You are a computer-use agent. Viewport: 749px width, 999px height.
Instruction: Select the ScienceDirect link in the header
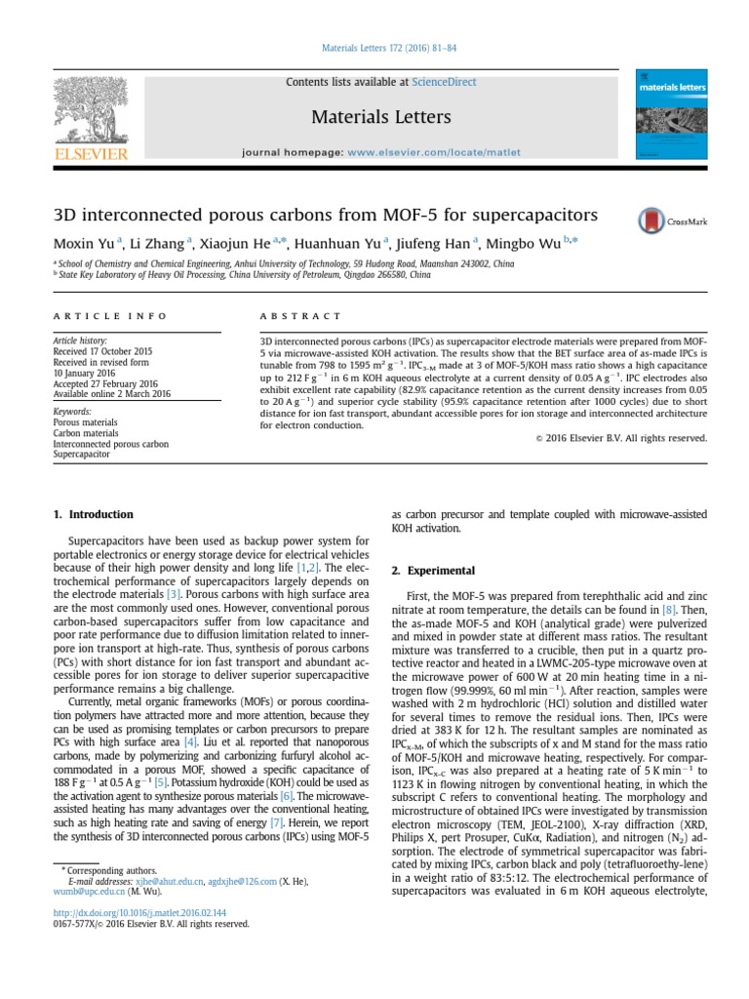[445, 82]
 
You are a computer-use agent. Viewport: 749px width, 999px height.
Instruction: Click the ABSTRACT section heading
[300, 316]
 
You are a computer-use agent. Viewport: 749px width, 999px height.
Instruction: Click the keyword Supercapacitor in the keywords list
[81, 455]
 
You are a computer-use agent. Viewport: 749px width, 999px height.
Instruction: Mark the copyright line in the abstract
[621, 438]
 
